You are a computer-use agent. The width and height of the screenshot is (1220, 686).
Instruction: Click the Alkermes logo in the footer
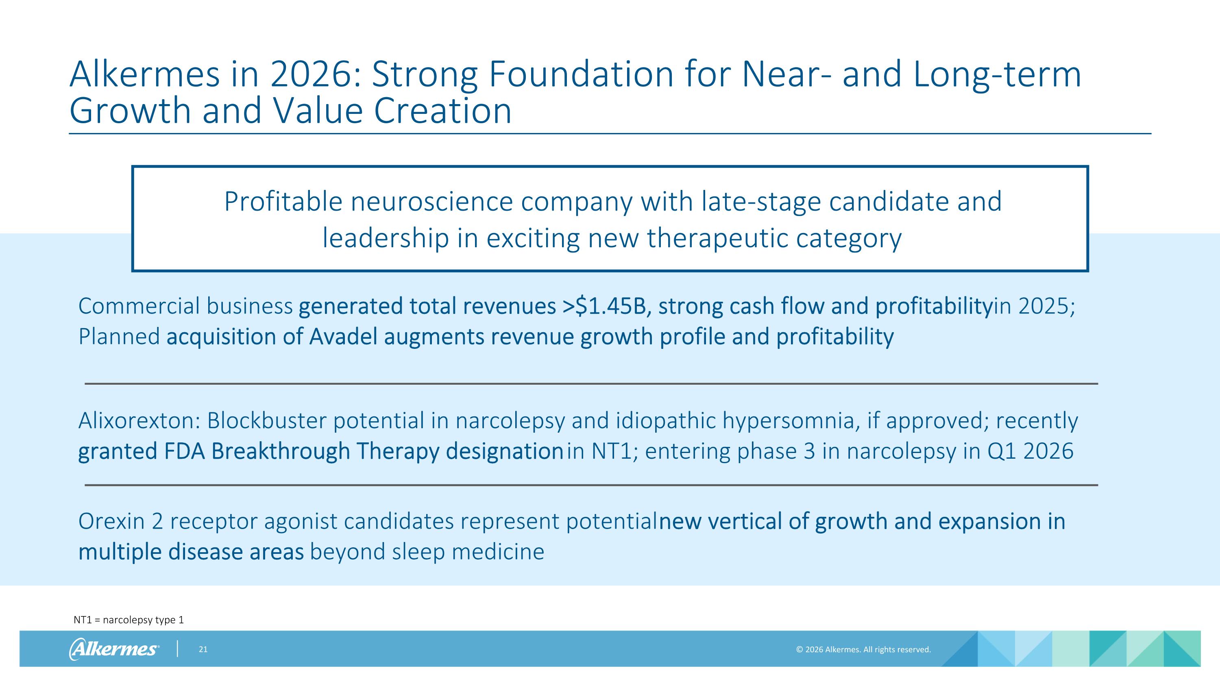[x=114, y=649]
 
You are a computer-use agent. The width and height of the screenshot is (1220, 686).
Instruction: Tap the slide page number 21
[x=203, y=649]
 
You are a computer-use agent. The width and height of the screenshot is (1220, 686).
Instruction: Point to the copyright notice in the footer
[x=863, y=649]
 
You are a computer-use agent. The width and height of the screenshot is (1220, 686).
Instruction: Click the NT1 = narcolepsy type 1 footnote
[x=129, y=620]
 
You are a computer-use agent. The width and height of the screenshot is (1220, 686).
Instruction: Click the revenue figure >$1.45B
[x=604, y=306]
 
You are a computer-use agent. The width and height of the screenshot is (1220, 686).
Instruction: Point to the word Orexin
[x=111, y=521]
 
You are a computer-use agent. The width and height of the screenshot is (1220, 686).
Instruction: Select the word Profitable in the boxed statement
[x=283, y=202]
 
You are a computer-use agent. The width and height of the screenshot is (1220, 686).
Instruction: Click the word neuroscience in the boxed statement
[x=431, y=202]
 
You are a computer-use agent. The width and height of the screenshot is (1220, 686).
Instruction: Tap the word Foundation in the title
[x=581, y=74]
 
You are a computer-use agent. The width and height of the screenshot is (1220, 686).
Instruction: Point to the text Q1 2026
[x=1030, y=451]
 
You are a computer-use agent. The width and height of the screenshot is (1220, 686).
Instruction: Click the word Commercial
[x=139, y=306]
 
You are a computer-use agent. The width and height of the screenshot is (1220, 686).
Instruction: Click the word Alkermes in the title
[x=144, y=74]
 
